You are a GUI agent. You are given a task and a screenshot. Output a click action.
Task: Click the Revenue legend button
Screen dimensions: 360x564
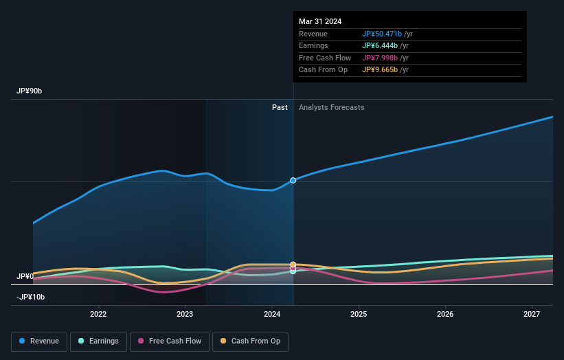click(x=39, y=341)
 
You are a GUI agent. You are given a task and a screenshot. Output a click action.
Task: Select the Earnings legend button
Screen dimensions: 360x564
click(x=98, y=341)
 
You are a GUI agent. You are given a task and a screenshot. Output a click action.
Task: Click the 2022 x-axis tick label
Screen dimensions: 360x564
click(x=98, y=314)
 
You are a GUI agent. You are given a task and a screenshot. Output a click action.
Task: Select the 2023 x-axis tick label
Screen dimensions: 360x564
click(x=185, y=314)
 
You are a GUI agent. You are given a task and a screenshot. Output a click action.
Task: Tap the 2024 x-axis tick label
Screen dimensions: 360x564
click(x=272, y=314)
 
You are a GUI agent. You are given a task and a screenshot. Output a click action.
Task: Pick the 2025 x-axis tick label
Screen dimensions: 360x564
click(x=359, y=314)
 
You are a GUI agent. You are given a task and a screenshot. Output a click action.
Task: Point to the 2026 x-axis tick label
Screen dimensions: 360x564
click(x=445, y=314)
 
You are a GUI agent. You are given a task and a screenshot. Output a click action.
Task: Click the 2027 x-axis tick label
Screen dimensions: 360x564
click(x=532, y=314)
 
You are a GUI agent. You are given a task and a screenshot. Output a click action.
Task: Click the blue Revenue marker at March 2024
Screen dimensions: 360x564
click(x=293, y=180)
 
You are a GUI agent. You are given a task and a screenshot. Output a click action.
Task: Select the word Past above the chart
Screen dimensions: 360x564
click(x=280, y=107)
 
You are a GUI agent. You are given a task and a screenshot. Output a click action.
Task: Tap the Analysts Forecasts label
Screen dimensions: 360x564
click(x=331, y=107)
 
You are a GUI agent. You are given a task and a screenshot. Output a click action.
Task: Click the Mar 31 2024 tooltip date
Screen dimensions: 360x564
click(x=320, y=22)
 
